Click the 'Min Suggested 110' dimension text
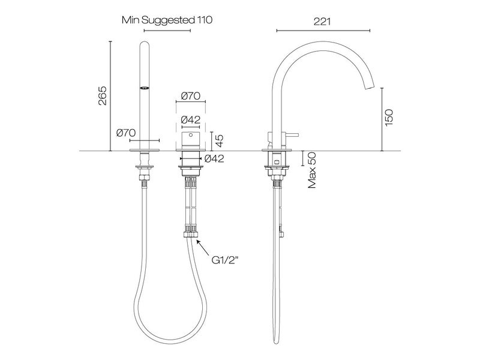pyautogui.click(x=167, y=20)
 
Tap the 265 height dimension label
pyautogui.click(x=102, y=96)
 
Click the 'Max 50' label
pyautogui.click(x=312, y=170)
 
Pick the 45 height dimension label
pyautogui.click(x=220, y=141)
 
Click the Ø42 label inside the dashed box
pyautogui.click(x=190, y=119)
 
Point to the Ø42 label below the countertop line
pyautogui.click(x=214, y=159)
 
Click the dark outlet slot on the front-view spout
pyautogui.click(x=145, y=88)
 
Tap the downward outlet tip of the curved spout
pyautogui.click(x=370, y=87)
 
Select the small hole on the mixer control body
pyautogui.click(x=191, y=137)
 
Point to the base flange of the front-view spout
pyautogui.click(x=145, y=143)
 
